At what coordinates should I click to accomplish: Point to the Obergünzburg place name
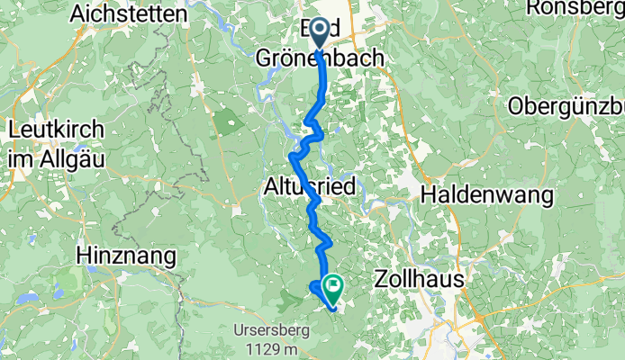tap(566, 106)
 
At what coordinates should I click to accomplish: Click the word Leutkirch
tap(56, 129)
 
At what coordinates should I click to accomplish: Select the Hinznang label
tap(126, 256)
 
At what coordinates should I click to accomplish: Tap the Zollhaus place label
tap(418, 280)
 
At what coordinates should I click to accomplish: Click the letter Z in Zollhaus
tap(379, 280)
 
